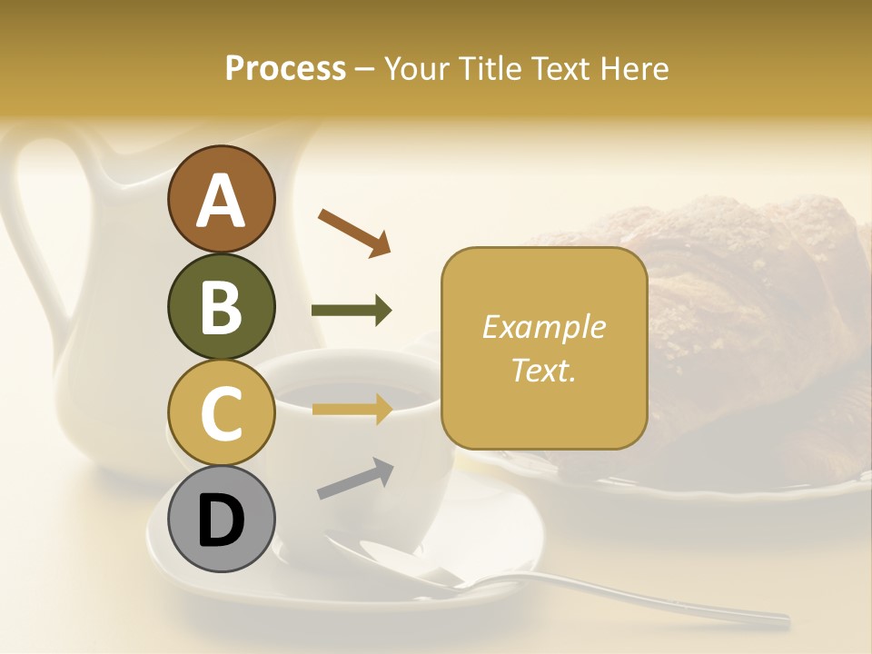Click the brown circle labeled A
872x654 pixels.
point(221,200)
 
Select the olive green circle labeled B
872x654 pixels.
point(221,306)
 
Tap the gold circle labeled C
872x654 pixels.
point(221,412)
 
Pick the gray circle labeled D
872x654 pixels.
point(221,519)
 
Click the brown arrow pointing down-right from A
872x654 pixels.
point(354,233)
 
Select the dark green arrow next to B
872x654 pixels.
point(352,311)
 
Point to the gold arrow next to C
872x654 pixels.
point(352,410)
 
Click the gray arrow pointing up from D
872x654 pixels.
point(355,479)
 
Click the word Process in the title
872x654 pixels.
point(285,68)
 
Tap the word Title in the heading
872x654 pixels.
point(490,68)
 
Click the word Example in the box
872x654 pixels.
point(543,327)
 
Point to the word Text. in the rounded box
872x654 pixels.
point(543,371)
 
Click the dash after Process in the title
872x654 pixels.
point(364,69)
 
